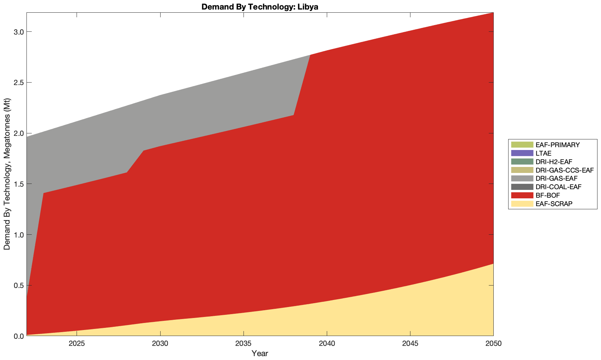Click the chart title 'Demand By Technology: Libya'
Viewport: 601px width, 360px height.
pyautogui.click(x=260, y=7)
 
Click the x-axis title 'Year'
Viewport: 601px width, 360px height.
pyautogui.click(x=260, y=353)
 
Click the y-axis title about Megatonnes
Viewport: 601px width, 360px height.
pyautogui.click(x=7, y=174)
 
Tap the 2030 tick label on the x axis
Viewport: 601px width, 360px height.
pyautogui.click(x=160, y=344)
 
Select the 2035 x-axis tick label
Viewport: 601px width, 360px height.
pyautogui.click(x=244, y=344)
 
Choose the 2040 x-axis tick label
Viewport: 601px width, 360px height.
pyautogui.click(x=327, y=344)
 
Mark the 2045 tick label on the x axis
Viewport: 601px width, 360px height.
pyautogui.click(x=410, y=344)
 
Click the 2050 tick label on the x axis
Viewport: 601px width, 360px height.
pyautogui.click(x=493, y=344)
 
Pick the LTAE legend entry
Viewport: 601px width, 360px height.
pyautogui.click(x=543, y=153)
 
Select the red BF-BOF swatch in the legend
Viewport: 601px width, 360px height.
pyautogui.click(x=522, y=196)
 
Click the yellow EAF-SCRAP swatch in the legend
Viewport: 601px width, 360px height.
pyautogui.click(x=522, y=204)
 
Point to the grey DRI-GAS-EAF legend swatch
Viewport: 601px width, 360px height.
pyautogui.click(x=522, y=179)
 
